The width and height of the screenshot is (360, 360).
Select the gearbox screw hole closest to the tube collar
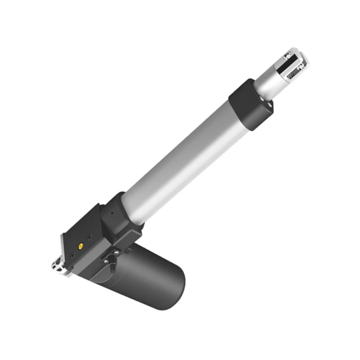point(89,237)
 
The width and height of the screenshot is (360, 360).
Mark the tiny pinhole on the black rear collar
point(112,213)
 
